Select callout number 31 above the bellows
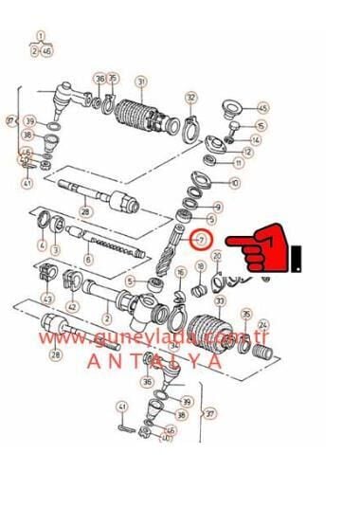(140, 82)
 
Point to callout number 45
(262, 108)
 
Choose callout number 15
(261, 125)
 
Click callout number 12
(247, 152)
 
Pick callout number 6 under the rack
(89, 259)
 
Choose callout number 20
(217, 256)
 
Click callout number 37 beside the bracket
(209, 413)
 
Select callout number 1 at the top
(41, 36)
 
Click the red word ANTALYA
(154, 361)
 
